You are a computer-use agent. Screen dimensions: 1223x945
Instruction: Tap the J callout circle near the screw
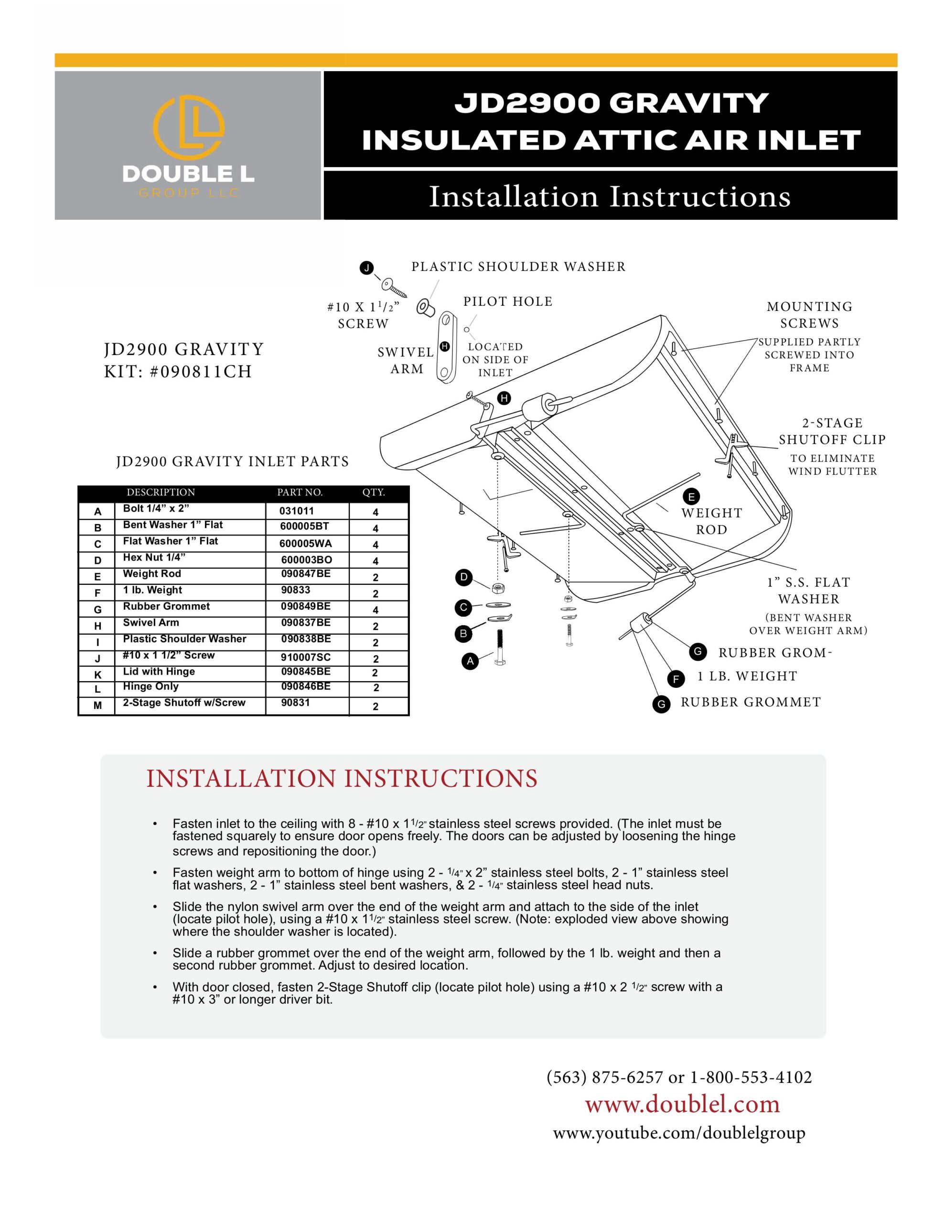pos(366,268)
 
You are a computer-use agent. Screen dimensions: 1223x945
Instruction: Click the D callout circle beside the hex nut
pos(463,577)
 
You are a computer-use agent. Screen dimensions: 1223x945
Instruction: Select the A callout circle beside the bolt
pos(470,661)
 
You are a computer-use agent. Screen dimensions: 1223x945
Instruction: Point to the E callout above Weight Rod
pos(691,497)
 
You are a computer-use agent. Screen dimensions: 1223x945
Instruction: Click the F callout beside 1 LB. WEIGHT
pos(676,679)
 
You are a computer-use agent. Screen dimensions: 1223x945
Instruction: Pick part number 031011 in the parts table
pos(297,511)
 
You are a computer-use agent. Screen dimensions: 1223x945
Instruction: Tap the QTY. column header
pos(374,492)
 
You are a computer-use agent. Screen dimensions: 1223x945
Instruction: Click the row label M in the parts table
pos(97,706)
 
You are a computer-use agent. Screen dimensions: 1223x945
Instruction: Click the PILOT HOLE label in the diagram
pos(507,302)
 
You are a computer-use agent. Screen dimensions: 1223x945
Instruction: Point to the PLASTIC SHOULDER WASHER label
pos(518,267)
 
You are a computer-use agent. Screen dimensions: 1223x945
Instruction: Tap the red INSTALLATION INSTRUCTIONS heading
pos(342,779)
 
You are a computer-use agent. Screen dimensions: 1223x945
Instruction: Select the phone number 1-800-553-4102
pos(751,1077)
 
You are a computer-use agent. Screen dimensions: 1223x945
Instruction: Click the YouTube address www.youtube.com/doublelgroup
pos(679,1133)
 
